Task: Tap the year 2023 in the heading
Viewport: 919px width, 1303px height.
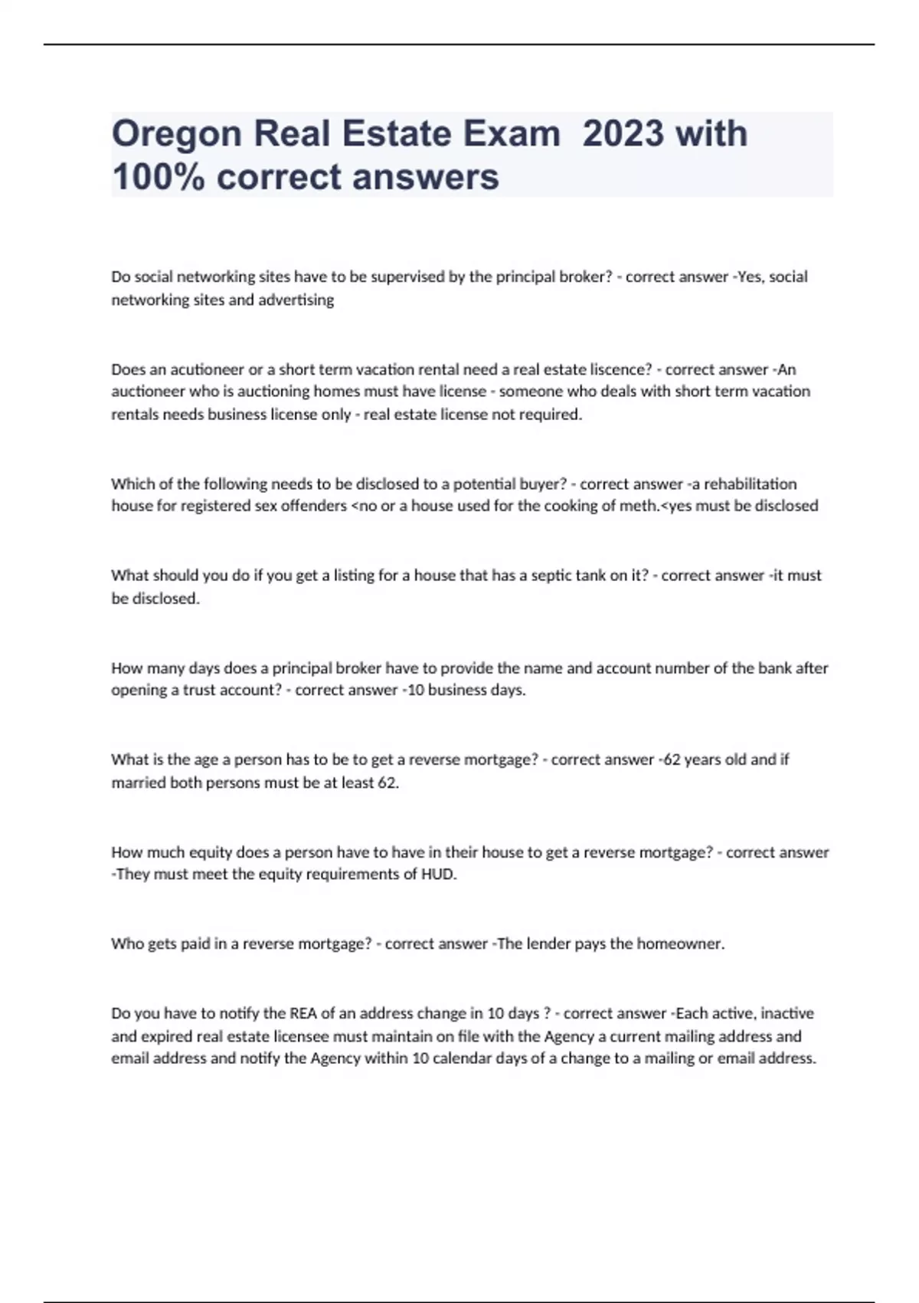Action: click(623, 133)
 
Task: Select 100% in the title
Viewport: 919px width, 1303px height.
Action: click(157, 177)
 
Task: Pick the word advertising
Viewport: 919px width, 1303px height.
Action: click(296, 300)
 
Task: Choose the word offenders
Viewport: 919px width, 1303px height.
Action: click(312, 506)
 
